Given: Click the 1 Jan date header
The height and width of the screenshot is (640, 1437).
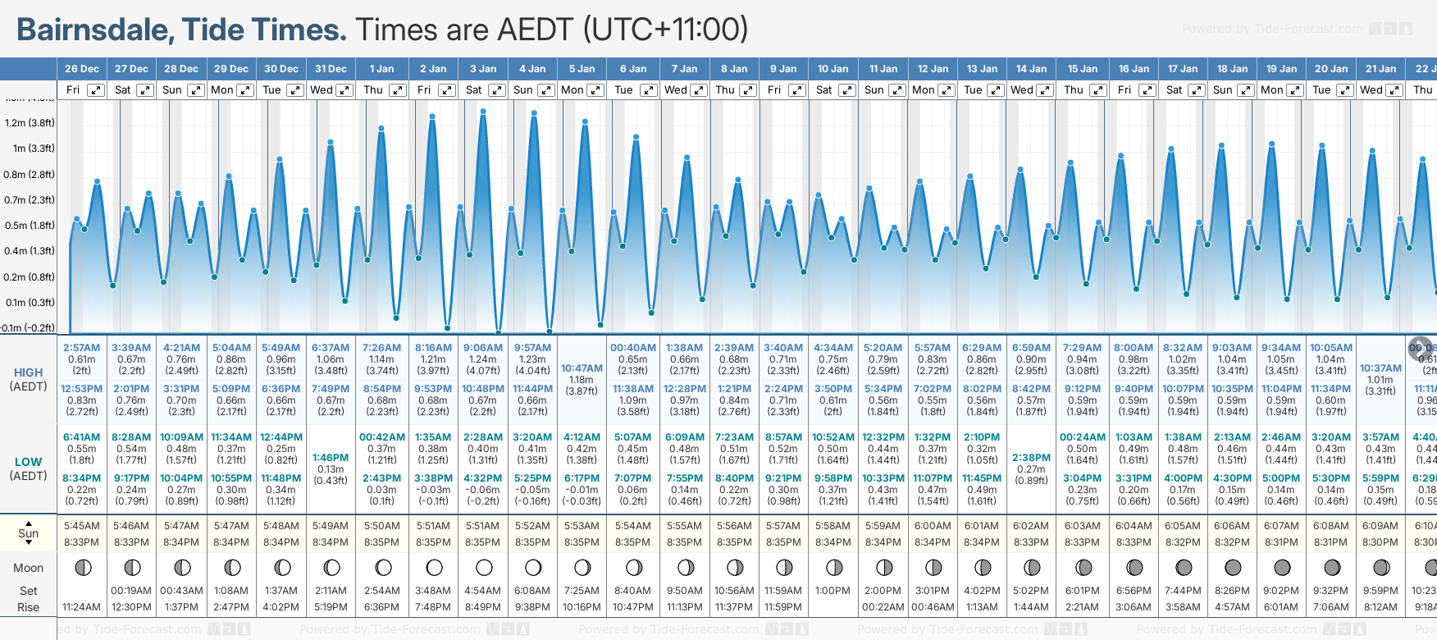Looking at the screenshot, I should [381, 69].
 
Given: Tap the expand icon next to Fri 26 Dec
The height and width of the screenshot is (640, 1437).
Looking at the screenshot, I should [96, 90].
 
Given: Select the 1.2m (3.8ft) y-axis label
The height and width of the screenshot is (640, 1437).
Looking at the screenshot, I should [30, 123].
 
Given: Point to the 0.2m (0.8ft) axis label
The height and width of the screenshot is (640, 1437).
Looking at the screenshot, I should [30, 277].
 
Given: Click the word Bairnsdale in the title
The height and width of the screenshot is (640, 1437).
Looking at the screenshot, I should [94, 30].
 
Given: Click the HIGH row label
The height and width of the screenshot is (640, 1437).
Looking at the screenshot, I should [29, 373].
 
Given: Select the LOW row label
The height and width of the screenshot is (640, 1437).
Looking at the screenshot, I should [29, 463].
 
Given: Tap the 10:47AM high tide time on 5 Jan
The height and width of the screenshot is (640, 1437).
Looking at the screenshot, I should [582, 368].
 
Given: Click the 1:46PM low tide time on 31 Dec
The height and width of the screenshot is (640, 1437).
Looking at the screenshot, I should [331, 458].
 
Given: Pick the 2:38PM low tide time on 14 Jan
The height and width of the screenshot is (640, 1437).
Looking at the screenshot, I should [1031, 458].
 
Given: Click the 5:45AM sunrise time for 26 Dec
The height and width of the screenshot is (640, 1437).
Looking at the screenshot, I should [81, 526].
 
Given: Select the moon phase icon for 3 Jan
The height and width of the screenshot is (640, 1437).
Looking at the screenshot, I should [484, 568].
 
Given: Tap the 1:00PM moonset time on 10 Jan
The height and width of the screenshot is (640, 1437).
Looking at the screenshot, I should [833, 591].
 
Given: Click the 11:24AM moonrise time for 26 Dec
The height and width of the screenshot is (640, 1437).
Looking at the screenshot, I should [81, 607].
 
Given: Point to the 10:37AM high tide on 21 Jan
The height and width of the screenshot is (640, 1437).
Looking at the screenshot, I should [1380, 368].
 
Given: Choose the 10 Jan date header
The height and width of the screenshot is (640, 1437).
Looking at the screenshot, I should [833, 69].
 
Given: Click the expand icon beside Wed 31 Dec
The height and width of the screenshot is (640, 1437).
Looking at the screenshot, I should [344, 90].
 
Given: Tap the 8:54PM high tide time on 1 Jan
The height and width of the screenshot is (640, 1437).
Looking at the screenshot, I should [382, 389].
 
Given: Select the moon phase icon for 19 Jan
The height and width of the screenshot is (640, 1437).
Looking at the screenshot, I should [1282, 568].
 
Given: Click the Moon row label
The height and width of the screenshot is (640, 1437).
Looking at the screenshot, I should [29, 568].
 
